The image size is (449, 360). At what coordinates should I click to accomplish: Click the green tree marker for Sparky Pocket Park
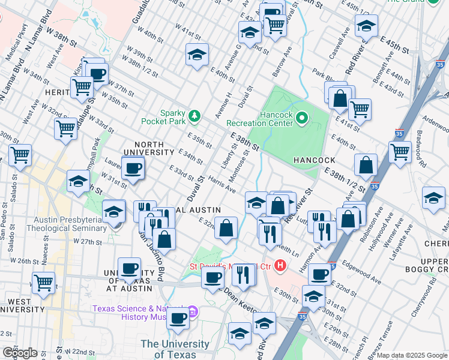tap(194, 115)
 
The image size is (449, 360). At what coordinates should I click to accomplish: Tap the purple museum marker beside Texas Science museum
tap(193, 311)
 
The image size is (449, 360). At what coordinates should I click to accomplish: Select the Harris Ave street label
tap(223, 185)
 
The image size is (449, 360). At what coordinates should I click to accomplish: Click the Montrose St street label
tap(243, 161)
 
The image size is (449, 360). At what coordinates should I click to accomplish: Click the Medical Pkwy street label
tap(17, 40)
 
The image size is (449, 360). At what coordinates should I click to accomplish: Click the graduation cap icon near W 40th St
tap(196, 55)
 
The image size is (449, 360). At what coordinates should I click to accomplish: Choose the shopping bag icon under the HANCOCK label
tap(366, 164)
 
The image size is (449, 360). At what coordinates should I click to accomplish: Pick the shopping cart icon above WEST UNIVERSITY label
tap(43, 281)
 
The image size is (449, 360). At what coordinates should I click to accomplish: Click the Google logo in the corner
tap(20, 353)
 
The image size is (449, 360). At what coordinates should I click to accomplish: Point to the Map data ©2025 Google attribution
tap(412, 355)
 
